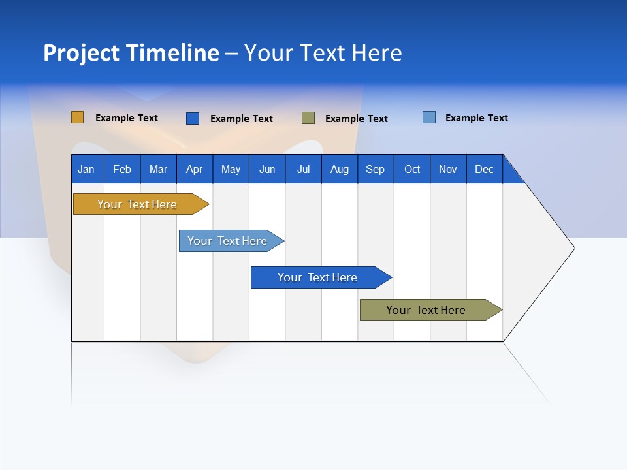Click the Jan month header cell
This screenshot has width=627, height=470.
pos(87,169)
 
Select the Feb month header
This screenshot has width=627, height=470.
pos(122,169)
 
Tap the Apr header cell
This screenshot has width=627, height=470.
pos(195,169)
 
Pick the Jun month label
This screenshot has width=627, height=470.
pos(267,169)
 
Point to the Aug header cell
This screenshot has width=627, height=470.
pos(340,169)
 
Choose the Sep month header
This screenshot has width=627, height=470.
pos(376,169)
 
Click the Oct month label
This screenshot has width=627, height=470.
pos(412,169)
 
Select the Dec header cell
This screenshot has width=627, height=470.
pos(485,169)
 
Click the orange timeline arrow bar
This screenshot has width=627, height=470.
pos(138,204)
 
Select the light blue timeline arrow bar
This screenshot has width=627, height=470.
pos(228,241)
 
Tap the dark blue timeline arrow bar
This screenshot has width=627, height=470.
pos(318,277)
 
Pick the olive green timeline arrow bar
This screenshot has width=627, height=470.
pos(426,310)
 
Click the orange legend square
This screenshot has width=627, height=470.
pos(78,117)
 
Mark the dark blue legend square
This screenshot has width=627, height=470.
pos(193,118)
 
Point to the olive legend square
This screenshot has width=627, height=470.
pos(308,118)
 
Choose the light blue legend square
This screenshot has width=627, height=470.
pos(429,117)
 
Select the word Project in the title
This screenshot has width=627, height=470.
pos(82,53)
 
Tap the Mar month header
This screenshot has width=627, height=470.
pos(158,169)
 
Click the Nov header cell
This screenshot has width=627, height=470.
pos(448,169)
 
